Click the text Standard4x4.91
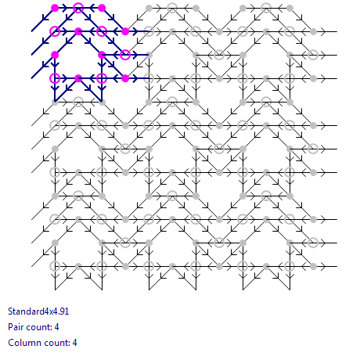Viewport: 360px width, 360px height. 38,311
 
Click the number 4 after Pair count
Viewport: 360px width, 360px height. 56,327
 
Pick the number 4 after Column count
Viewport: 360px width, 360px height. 74,343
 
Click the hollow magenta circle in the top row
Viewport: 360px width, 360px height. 78,8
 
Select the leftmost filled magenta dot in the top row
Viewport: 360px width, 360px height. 55,8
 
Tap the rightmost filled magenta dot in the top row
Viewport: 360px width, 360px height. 102,8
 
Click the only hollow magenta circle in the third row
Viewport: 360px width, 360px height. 125,55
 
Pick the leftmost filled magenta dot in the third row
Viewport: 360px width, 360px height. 55,55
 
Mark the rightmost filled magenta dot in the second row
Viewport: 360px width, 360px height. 125,31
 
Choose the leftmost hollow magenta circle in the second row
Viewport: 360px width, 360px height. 55,31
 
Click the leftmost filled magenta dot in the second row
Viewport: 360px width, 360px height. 78,31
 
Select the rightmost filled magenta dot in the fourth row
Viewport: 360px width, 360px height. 125,78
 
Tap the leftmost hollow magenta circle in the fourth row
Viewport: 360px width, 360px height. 55,78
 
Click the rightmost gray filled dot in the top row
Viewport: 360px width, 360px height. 290,8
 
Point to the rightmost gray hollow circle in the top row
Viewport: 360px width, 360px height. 266,8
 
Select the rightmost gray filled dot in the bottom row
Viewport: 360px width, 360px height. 313,266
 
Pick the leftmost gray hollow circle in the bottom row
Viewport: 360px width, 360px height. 55,266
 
